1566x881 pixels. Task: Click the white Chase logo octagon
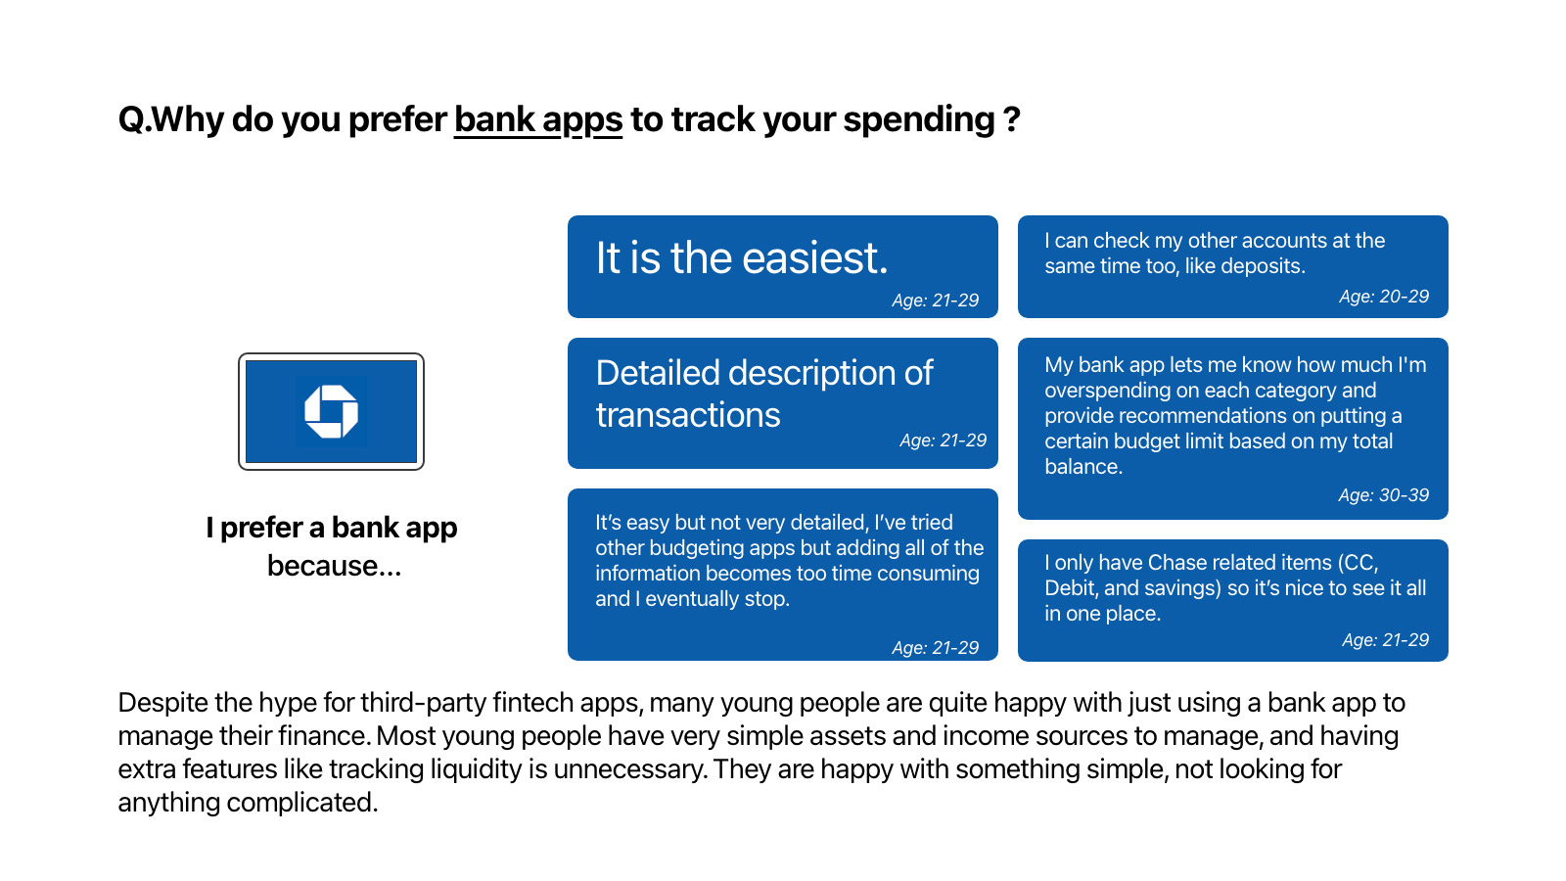click(x=332, y=412)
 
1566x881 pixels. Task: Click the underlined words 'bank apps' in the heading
click(x=538, y=119)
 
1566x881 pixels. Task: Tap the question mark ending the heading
click(x=1012, y=119)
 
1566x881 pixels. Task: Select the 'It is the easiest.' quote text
click(x=742, y=257)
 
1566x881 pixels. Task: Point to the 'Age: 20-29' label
click(x=1384, y=297)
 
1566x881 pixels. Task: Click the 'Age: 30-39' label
click(x=1384, y=495)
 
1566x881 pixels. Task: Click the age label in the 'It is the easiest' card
click(x=936, y=300)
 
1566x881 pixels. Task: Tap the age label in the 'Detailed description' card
click(x=944, y=440)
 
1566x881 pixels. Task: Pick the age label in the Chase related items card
click(x=1386, y=640)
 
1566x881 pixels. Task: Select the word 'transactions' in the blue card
click(x=688, y=415)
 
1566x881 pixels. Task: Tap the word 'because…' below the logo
click(x=334, y=566)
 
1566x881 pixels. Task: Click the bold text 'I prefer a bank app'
click(x=332, y=528)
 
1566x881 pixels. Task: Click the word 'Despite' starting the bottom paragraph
click(x=162, y=703)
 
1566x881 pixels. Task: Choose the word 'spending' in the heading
click(x=919, y=119)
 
